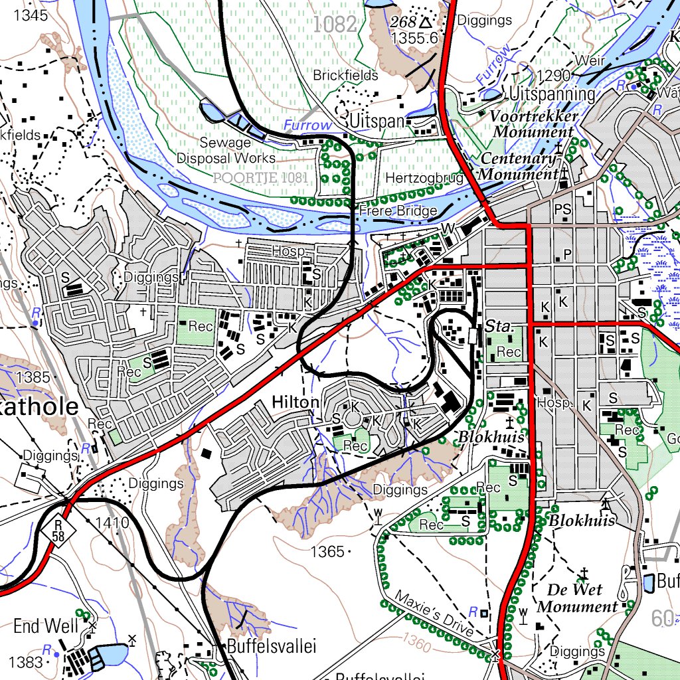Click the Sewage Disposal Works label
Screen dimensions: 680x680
pyautogui.click(x=226, y=151)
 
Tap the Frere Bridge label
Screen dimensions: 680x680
pyautogui.click(x=398, y=211)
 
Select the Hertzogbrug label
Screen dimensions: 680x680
pyautogui.click(x=423, y=179)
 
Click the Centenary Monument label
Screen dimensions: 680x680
pyautogui.click(x=519, y=167)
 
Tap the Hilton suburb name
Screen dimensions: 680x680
pyautogui.click(x=296, y=402)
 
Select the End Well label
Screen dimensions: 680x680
pyautogui.click(x=46, y=626)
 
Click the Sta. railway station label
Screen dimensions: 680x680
pyautogui.click(x=497, y=327)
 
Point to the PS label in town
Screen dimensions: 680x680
pyautogui.click(x=562, y=210)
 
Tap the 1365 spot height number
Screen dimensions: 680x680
pyautogui.click(x=327, y=551)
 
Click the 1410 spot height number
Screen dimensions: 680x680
pyautogui.click(x=112, y=523)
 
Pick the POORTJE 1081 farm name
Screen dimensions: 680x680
pyautogui.click(x=261, y=178)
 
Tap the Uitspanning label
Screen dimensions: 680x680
pyautogui.click(x=552, y=94)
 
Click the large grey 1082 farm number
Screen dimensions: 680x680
pyautogui.click(x=335, y=25)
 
